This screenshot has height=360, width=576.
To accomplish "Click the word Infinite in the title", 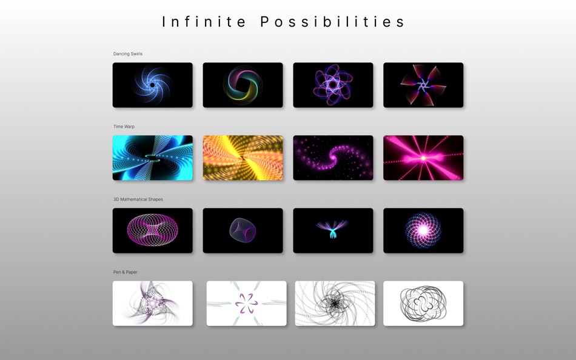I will coord(205,22).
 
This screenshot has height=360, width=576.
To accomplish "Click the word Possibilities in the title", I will coord(333,22).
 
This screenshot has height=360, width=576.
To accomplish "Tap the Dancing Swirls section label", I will coord(128,54).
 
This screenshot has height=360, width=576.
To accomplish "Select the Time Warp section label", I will coord(124,127).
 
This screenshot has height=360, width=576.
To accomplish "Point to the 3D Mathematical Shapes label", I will coord(138,199).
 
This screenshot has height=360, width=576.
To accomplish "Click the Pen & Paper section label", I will coord(125,272).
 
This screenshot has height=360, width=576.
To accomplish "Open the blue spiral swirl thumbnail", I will coord(153,85).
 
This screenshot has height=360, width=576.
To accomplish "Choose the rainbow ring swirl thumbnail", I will coord(243,85).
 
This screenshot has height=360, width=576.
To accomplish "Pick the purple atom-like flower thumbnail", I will coord(333,85).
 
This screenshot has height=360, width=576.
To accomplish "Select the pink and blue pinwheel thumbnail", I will coord(423,85).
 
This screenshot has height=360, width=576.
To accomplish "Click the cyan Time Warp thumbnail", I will coord(153,158).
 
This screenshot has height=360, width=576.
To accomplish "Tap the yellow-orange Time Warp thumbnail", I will coord(243,158).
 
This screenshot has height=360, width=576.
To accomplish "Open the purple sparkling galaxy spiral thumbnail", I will coord(333,158).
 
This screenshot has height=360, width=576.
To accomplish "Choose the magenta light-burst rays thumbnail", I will coord(423,158).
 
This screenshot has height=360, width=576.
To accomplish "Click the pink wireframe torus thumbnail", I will coord(153,230).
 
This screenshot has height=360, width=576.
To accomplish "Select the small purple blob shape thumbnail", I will coord(243,230).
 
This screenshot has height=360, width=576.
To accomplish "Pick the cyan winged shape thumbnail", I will coord(333,230).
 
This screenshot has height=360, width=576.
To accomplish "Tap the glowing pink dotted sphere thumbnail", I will coord(423,230).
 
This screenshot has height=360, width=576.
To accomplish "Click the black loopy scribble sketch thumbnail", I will coord(423,303).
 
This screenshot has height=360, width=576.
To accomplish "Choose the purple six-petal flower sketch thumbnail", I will coord(246,303).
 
